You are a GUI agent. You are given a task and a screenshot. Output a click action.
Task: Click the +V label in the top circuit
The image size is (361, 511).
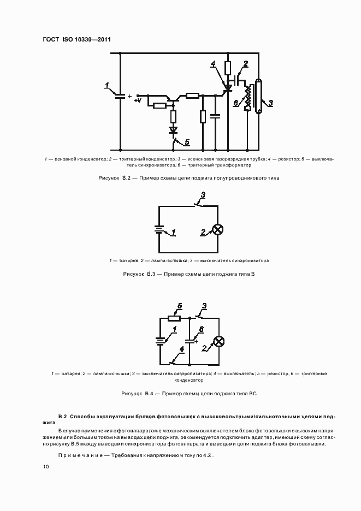coord(138,100)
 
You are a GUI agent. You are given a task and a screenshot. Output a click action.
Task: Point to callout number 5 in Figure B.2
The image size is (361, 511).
coord(186,142)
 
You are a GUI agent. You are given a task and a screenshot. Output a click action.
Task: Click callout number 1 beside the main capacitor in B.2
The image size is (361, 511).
coord(108,85)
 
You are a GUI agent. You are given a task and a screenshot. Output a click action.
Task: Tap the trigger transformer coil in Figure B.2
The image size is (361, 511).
coord(248,97)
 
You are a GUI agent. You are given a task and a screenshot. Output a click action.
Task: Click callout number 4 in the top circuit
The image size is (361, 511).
coord(214,64)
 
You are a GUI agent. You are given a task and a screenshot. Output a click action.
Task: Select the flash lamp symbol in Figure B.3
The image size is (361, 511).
coord(218,230)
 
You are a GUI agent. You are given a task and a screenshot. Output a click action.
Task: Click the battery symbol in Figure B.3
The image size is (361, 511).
coord(159,230)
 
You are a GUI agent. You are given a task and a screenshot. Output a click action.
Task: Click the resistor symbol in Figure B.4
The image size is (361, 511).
coord(174,318)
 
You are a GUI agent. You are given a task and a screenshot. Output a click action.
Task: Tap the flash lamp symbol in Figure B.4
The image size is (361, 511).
coord(218,341)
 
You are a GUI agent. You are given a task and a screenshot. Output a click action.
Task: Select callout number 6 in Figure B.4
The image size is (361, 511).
coord(201,329)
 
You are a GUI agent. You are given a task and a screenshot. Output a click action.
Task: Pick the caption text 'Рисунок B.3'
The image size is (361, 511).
coord(140,274)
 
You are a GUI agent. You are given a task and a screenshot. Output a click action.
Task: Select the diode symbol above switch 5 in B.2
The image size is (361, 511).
coord(174,130)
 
